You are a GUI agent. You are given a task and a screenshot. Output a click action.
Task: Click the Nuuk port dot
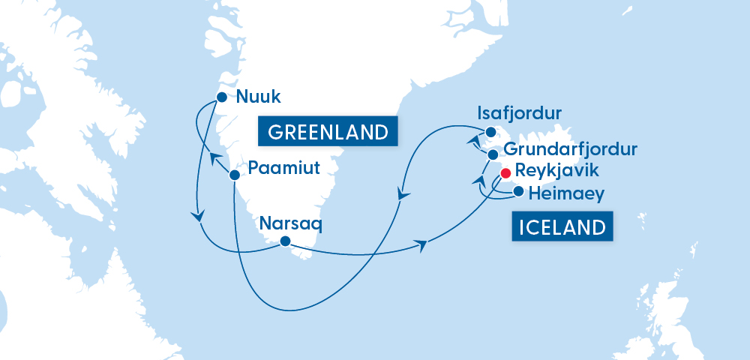click(x=222, y=97)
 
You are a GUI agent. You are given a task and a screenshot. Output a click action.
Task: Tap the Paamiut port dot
click(x=234, y=175)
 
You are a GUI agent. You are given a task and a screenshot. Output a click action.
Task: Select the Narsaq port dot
click(x=285, y=241)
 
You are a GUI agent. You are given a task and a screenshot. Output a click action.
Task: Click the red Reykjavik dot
click(x=505, y=173)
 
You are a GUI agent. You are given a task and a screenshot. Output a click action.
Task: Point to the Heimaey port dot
click(x=518, y=191)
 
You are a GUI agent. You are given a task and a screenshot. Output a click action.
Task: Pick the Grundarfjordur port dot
click(x=493, y=154)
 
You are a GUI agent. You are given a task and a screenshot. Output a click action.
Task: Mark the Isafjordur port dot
click(x=490, y=132)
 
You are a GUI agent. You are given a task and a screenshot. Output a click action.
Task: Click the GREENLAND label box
click(x=326, y=133)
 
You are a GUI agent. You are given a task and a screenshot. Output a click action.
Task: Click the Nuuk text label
click(x=255, y=96)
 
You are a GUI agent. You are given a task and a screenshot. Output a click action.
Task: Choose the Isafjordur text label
click(x=520, y=114)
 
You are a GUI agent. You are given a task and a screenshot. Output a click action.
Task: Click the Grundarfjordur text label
click(x=571, y=149)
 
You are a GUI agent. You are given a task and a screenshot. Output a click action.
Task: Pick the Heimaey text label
click(x=566, y=194)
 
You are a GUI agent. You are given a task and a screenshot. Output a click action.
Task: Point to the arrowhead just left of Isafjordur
click(x=472, y=140)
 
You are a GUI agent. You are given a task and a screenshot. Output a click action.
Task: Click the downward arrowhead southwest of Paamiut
click(x=198, y=216)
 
